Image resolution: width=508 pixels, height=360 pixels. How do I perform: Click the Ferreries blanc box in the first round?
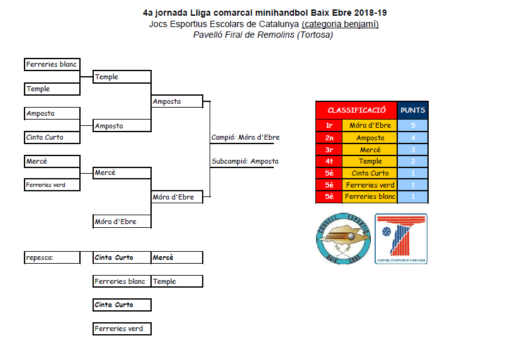(53, 65)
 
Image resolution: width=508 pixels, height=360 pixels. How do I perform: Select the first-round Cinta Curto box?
(53, 137)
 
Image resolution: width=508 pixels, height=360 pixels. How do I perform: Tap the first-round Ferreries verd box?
(53, 185)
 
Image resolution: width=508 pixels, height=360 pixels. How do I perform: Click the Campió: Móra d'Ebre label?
(246, 137)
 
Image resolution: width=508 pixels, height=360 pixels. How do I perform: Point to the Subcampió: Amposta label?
(245, 161)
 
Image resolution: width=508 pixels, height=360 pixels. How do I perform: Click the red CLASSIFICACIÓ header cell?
(356, 110)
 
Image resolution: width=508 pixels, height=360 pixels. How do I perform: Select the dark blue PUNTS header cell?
(413, 110)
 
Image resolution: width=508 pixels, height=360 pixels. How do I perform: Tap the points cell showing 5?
(413, 126)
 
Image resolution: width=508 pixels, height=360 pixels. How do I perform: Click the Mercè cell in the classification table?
(370, 150)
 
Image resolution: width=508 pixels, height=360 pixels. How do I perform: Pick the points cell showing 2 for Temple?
(413, 162)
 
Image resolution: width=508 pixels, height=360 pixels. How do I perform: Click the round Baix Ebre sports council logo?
(342, 239)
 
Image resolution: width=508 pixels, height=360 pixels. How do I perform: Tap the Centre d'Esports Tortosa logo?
(401, 239)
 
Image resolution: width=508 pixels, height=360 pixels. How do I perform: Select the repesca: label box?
(53, 257)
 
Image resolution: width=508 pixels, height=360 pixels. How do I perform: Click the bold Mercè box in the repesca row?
(177, 257)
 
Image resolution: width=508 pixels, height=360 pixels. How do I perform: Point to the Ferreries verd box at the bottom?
(122, 329)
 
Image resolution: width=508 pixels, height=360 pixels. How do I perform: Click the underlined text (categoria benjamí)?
(340, 24)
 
